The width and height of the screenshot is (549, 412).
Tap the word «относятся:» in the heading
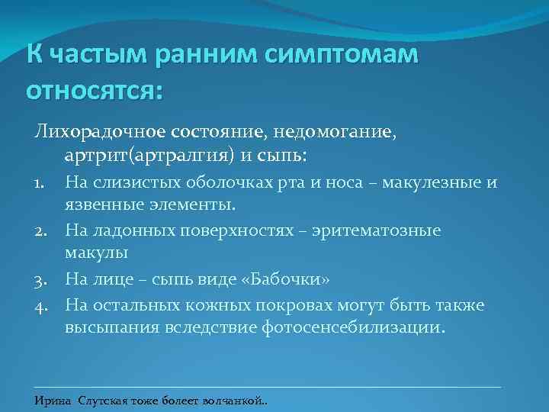click(95, 90)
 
